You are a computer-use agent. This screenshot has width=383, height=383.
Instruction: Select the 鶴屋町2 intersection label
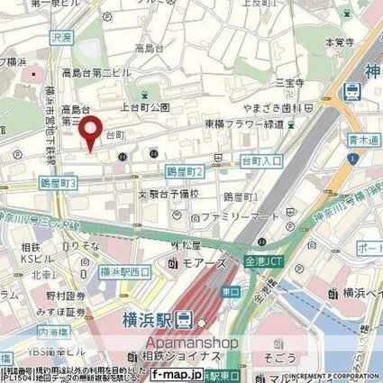pyautogui.click(x=184, y=171)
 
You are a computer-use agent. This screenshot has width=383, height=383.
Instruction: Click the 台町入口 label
pyautogui.click(x=259, y=160)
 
